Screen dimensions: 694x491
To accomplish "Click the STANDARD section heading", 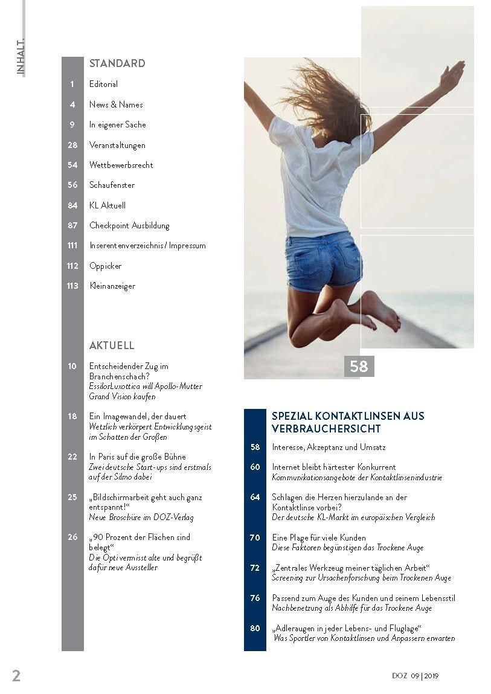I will coord(117,63).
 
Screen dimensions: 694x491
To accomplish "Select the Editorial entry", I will coord(103,84).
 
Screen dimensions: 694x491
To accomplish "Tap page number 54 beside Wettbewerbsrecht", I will coord(72,165).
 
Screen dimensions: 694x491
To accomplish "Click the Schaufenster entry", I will coord(112,185).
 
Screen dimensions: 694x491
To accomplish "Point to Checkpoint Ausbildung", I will coord(129,225).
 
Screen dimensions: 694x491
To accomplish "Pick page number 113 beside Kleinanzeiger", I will coord(72,286).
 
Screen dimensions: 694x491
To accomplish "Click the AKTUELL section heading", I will coord(112,345).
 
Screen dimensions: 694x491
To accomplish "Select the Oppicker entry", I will coord(105,266).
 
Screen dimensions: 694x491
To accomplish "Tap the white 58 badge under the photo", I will coord(359,366).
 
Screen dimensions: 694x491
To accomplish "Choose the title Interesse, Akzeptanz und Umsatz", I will coord(329,448).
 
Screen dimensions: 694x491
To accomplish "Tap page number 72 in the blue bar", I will coord(255,568).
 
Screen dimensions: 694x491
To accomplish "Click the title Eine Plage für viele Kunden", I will coord(319,538).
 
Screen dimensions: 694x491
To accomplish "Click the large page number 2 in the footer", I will coord(16,675).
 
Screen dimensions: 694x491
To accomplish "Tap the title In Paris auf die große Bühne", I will coord(138,457).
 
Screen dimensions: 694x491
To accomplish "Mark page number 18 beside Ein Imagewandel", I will coord(72,416).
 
